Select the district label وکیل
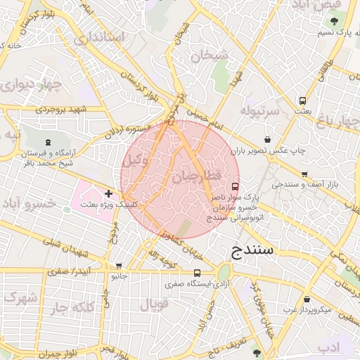(136, 160)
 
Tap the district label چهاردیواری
(30, 86)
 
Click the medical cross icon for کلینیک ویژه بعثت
(108, 193)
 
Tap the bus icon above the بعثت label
(302, 101)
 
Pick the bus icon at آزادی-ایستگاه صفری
(196, 274)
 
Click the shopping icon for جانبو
(118, 266)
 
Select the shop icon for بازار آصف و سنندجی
(304, 174)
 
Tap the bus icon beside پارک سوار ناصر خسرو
(235, 187)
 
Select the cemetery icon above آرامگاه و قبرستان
(47, 142)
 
